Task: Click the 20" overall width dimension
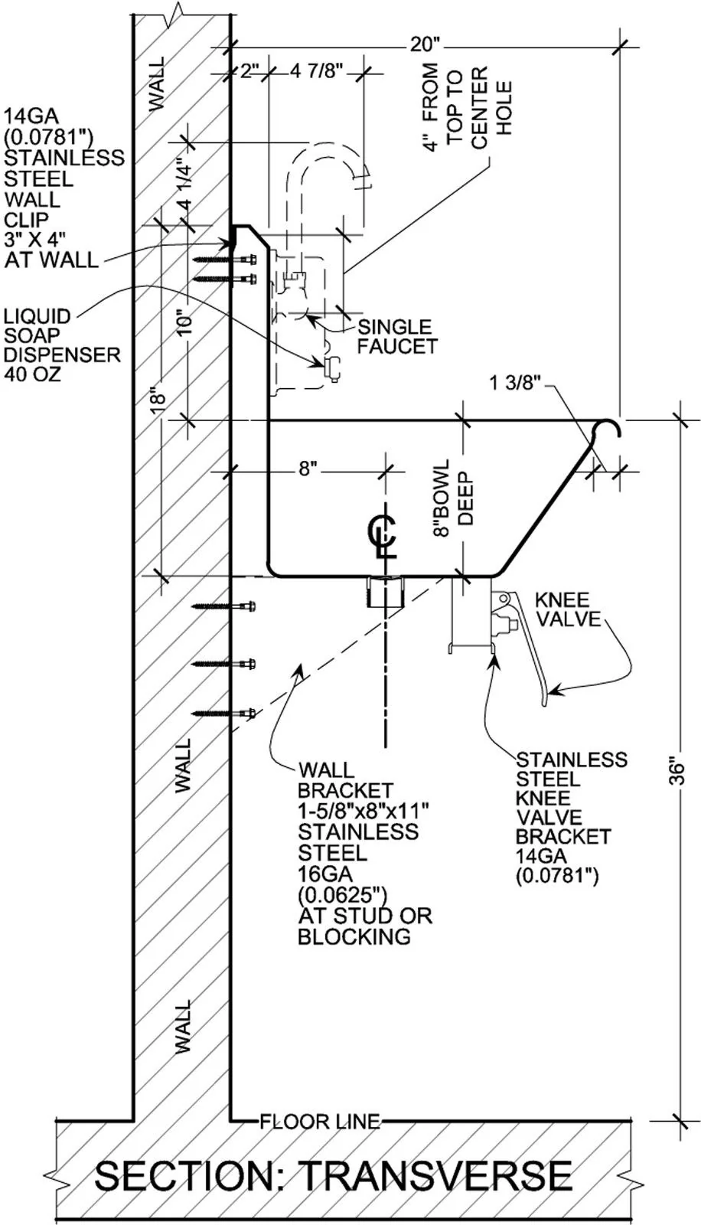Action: (420, 44)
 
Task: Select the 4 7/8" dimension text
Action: (315, 72)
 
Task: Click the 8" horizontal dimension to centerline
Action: (308, 469)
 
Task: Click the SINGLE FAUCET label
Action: (397, 336)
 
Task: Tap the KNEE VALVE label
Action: (567, 609)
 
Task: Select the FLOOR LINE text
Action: (319, 1122)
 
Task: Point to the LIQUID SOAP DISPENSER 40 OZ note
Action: (61, 345)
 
